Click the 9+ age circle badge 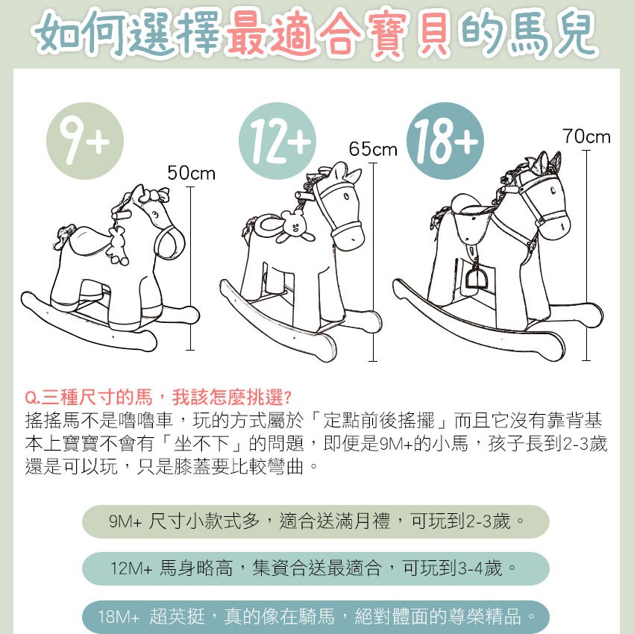pyautogui.click(x=85, y=141)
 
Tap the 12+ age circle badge pyautogui.click(x=277, y=141)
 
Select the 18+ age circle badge pyautogui.click(x=445, y=141)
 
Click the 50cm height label pyautogui.click(x=191, y=173)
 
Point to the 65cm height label pyautogui.click(x=373, y=148)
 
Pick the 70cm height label pyautogui.click(x=586, y=136)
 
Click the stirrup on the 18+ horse pyautogui.click(x=474, y=275)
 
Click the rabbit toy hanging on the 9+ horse pyautogui.click(x=118, y=247)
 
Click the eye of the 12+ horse pyautogui.click(x=347, y=197)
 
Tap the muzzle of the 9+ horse pyautogui.click(x=170, y=243)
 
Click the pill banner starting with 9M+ pyautogui.click(x=316, y=521)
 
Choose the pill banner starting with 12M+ pyautogui.click(x=316, y=568)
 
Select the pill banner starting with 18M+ pyautogui.click(x=316, y=617)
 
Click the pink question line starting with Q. pyautogui.click(x=157, y=398)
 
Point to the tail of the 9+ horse pyautogui.click(x=64, y=237)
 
